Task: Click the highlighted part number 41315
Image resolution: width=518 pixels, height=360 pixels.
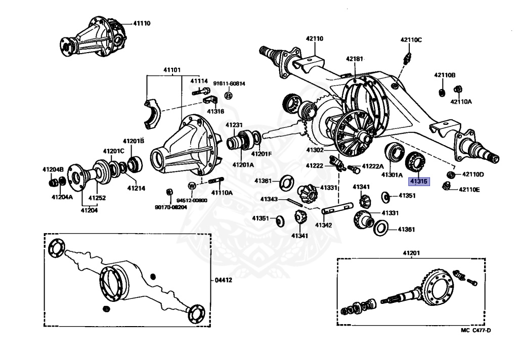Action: pos(419,181)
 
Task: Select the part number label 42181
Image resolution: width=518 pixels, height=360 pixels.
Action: pos(355,59)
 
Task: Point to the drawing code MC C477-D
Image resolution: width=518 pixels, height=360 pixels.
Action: pos(475,331)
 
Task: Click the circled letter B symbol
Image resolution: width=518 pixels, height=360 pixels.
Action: pos(228,96)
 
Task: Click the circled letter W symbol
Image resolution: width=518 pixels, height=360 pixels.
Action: pos(192,186)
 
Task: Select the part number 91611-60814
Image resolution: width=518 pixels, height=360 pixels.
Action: pos(229,84)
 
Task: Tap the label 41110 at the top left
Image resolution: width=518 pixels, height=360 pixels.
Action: pos(142,23)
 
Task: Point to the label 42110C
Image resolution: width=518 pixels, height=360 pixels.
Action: pos(411,39)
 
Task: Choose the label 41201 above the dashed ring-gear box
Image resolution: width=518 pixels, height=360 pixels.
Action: pos(411,252)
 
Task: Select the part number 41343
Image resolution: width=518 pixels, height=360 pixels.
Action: pos(270,199)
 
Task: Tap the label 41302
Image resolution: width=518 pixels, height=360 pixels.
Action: pos(315,150)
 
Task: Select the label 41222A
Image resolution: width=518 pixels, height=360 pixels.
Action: pos(373,166)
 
